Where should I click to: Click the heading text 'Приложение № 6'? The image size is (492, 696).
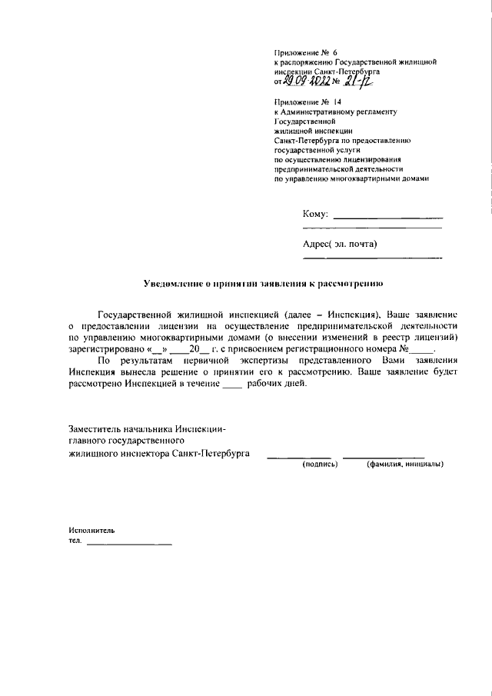pos(301,52)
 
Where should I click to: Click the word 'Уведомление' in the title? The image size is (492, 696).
pos(175,283)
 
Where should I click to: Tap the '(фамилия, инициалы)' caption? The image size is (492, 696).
pos(404,465)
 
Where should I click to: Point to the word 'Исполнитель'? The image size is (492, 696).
pos(91,531)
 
